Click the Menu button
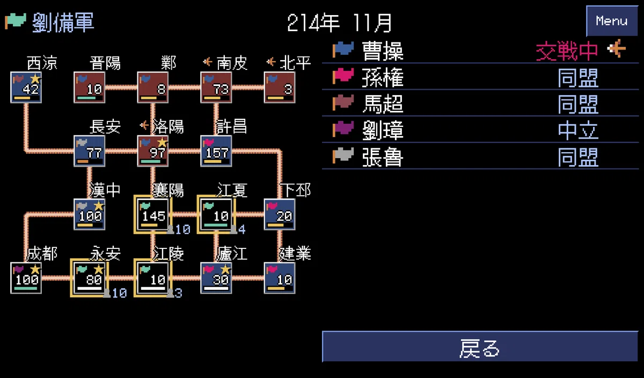click(612, 21)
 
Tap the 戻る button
click(480, 347)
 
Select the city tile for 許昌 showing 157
click(216, 151)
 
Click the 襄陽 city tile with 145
click(152, 215)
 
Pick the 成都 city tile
click(26, 278)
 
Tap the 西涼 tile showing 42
click(26, 87)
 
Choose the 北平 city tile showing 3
click(280, 87)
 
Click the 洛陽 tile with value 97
click(152, 151)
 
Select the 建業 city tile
click(280, 278)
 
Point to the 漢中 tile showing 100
click(89, 215)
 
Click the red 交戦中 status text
click(567, 51)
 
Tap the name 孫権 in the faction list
click(383, 77)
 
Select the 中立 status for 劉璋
click(578, 131)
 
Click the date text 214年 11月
click(340, 23)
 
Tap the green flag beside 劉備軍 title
click(16, 21)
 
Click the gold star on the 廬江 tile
click(226, 269)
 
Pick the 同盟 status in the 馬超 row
click(578, 104)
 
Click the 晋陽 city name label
click(105, 63)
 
